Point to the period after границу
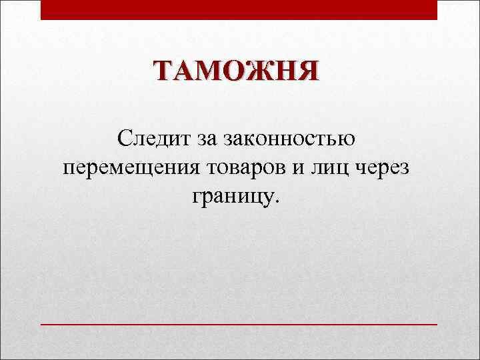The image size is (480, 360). [x=280, y=201]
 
